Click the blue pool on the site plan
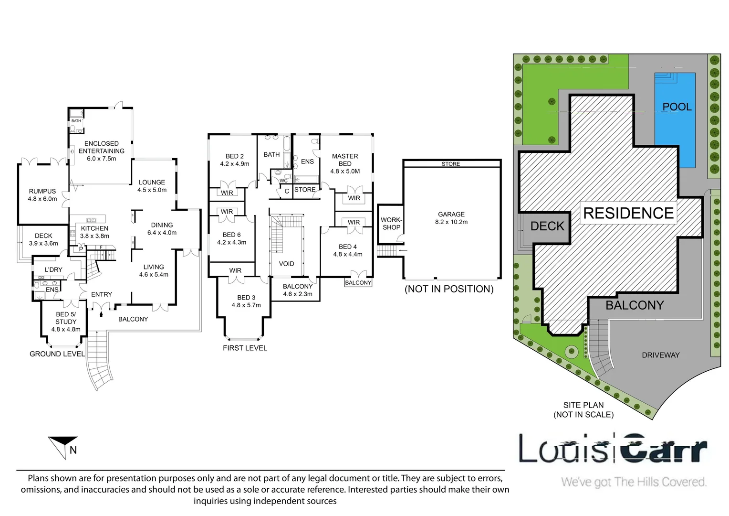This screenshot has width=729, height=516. (675, 120)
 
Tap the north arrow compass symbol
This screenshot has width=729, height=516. (63, 448)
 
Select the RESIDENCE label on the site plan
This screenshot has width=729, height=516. (628, 213)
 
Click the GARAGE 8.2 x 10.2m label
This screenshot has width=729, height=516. (451, 218)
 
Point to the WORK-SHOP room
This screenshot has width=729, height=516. (391, 224)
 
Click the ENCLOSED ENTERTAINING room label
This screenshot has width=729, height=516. (102, 151)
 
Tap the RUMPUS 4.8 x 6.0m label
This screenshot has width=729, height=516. (42, 195)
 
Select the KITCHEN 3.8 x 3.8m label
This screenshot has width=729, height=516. (94, 232)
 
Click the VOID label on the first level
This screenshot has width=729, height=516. (286, 264)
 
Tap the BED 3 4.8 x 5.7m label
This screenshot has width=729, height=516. (246, 301)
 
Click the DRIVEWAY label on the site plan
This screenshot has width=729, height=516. (661, 355)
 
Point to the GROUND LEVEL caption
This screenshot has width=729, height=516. (57, 354)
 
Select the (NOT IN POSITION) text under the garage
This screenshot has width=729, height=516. (449, 289)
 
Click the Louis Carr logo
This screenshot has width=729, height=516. (613, 448)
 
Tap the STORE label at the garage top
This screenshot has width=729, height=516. (451, 164)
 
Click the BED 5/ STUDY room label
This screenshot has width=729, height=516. (66, 322)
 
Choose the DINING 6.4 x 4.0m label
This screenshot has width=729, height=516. (162, 229)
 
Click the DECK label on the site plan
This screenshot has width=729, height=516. (547, 226)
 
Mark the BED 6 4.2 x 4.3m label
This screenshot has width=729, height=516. (231, 238)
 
